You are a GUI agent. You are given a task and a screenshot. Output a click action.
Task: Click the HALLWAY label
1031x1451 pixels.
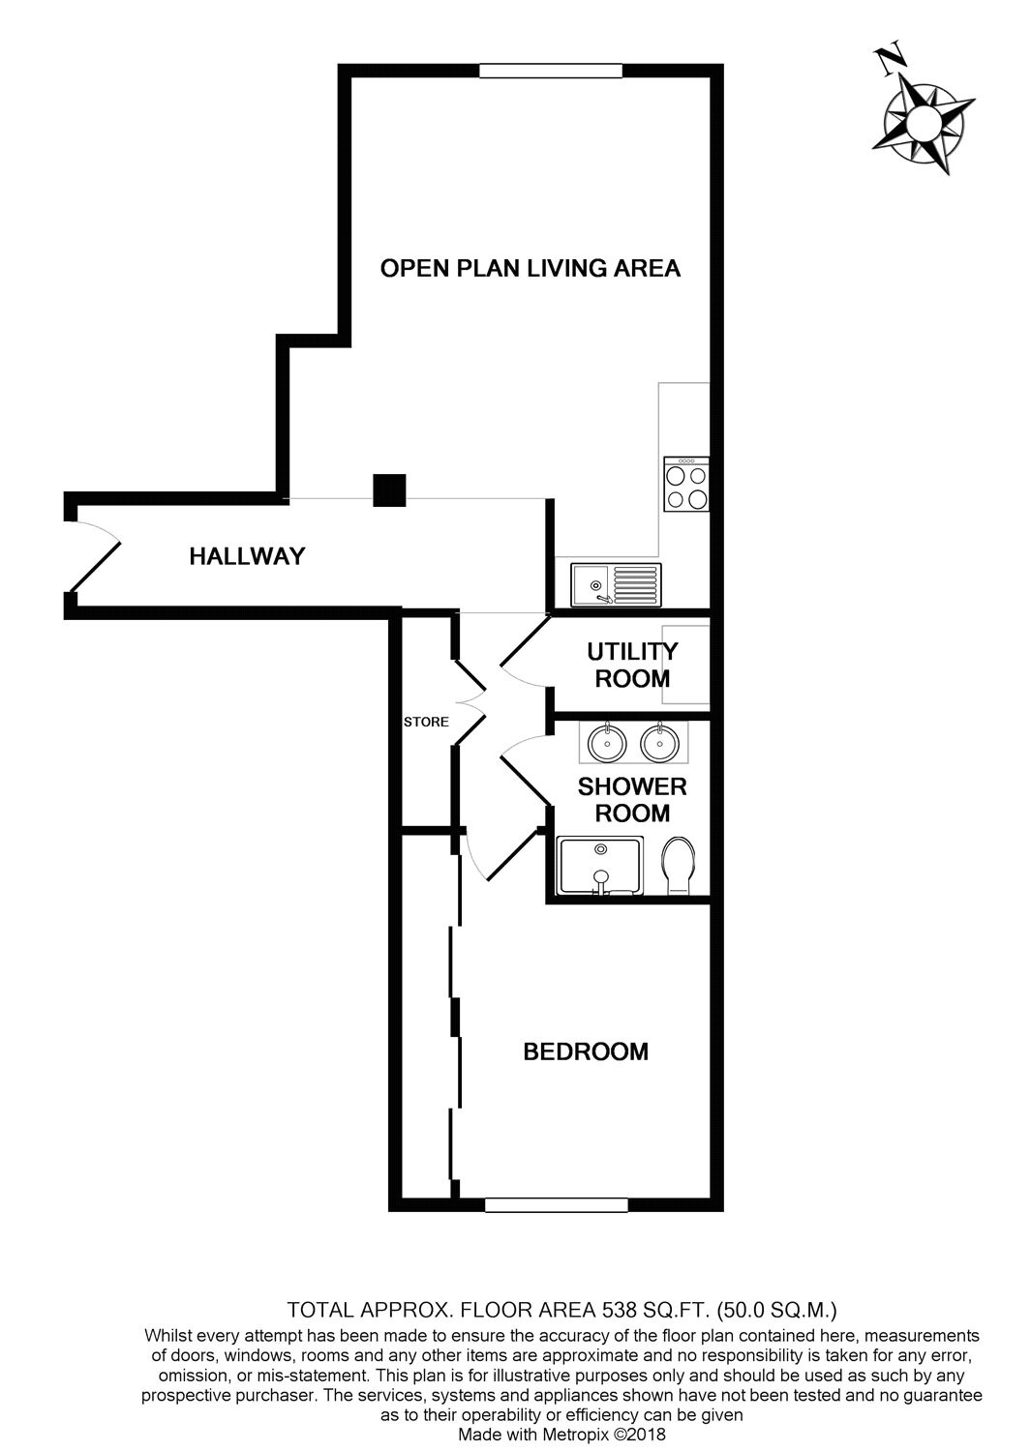coord(247,556)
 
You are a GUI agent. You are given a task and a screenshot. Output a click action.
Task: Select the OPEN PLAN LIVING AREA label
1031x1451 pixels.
coord(531,268)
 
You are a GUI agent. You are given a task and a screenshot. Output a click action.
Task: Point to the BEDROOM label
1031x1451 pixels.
coord(586,1051)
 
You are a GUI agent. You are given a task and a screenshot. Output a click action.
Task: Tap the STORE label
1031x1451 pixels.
coord(426,722)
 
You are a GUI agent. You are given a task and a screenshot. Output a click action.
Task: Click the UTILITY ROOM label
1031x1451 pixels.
coord(632,665)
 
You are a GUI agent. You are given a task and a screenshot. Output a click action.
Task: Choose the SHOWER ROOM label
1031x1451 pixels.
coord(632,800)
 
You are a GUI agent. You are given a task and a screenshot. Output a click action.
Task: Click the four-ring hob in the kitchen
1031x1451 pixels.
coord(685,485)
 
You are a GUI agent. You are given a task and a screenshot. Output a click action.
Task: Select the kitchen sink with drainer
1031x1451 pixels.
coord(615,584)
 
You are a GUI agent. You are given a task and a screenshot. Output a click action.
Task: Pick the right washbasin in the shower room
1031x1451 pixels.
coord(659,742)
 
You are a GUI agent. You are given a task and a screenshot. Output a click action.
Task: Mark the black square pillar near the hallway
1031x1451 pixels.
coord(389,490)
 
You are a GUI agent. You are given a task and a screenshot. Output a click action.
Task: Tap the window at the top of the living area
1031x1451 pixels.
coord(551,70)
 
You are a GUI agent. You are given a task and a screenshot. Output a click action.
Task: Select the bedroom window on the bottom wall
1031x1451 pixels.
coord(557,1205)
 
